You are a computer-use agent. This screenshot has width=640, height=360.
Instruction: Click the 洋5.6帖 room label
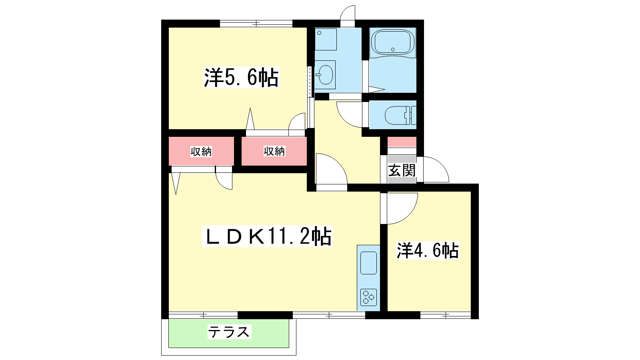tap(241, 77)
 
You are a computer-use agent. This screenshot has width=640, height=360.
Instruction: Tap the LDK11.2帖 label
tap(267, 236)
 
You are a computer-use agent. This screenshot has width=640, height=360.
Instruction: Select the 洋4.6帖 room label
tap(428, 250)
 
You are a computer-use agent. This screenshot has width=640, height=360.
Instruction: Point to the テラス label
tap(229, 332)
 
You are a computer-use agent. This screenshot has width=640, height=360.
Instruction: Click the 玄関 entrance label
tap(402, 170)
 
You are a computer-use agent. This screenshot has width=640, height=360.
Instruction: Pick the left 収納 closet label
tap(201, 152)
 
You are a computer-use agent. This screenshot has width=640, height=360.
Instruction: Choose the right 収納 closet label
tap(274, 151)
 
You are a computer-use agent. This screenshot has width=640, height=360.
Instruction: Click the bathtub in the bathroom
tap(392, 42)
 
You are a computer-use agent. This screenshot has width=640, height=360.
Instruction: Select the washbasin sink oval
tap(326, 75)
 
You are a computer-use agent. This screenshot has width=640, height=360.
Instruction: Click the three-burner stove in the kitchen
tap(368, 298)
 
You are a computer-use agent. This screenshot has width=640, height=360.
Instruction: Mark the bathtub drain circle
tap(393, 50)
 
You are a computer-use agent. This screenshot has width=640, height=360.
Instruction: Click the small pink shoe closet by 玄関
tap(402, 142)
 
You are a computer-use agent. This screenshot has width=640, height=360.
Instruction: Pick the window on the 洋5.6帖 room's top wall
tap(256, 24)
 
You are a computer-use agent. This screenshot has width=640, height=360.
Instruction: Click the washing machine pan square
tap(326, 40)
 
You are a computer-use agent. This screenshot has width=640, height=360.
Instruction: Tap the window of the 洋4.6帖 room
tap(446, 315)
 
